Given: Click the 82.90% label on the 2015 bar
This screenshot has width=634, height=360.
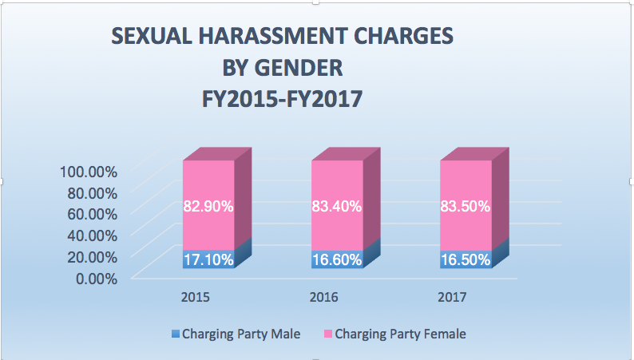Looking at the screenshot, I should point(208,206).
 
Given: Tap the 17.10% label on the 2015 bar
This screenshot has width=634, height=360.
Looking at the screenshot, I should point(208,259).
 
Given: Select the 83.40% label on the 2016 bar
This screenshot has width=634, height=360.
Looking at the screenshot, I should point(336,206).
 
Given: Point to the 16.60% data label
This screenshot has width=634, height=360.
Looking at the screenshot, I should point(336,259).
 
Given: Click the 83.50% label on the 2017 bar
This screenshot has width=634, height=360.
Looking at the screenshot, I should point(465,206).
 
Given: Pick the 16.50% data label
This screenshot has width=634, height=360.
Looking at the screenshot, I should point(465,259).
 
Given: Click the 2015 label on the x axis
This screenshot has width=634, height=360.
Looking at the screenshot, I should point(196,297).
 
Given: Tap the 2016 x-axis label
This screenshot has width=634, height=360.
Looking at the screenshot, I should point(324,297).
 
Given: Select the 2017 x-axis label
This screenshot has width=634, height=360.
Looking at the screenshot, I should point(452,297).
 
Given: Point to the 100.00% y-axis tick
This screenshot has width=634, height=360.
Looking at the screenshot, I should point(88,171).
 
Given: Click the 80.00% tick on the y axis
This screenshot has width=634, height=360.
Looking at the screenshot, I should point(92,192).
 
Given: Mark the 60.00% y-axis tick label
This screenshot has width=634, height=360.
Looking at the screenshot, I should point(92,214).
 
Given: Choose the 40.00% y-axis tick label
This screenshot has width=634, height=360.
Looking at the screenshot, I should point(92,235).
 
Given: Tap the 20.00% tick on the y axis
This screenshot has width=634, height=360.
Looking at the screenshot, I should point(92,256).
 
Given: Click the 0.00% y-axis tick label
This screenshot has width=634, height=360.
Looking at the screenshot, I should point(95,278).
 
